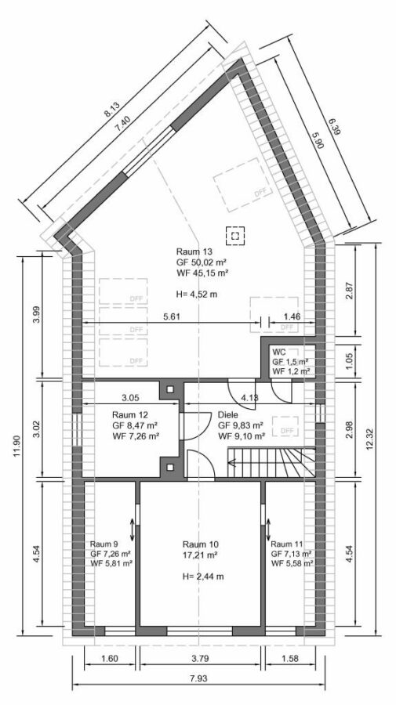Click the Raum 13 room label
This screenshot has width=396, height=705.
pos(194,251)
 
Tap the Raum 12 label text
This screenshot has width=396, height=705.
pos(129,414)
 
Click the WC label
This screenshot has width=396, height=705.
pos(278,352)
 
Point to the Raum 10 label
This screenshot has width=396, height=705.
pos(200,544)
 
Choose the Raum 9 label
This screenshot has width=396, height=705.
pos(104,544)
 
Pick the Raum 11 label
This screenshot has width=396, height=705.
pos(287,544)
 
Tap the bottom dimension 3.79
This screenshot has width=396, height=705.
pos(202,659)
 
